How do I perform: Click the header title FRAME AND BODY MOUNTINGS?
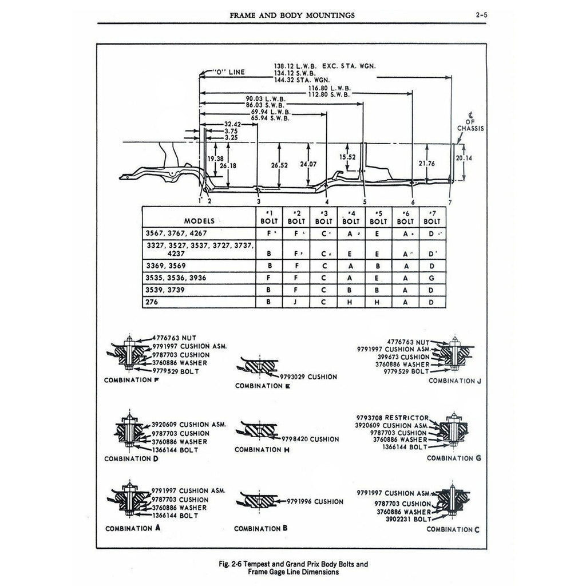[292, 15]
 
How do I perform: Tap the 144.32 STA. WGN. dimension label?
[298, 81]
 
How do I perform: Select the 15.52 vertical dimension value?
[347, 156]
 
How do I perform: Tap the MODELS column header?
[199, 220]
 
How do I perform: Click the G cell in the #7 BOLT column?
[433, 278]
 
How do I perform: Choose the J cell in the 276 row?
[296, 302]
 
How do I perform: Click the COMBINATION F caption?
[132, 380]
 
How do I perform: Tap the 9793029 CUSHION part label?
[308, 377]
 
